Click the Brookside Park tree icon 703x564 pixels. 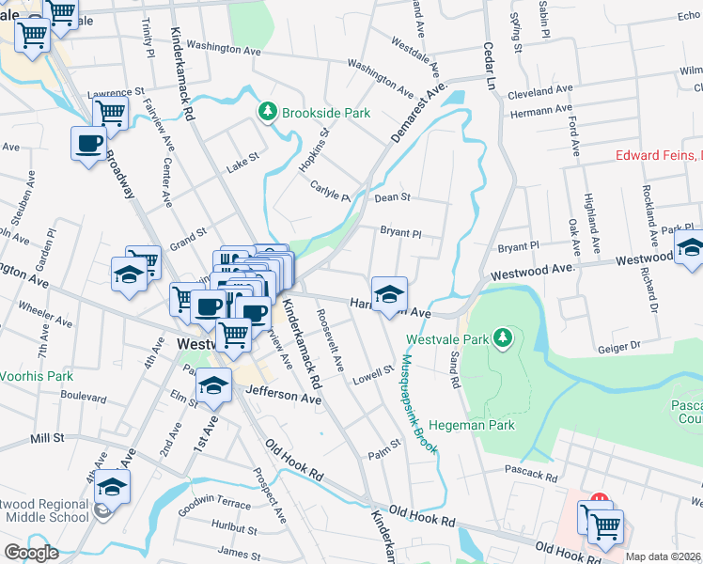pyautogui.click(x=268, y=113)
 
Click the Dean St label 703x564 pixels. pyautogui.click(x=393, y=197)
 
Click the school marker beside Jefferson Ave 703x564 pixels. pyautogui.click(x=214, y=386)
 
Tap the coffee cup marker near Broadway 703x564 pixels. pyautogui.click(x=89, y=145)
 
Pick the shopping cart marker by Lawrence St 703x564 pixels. pyautogui.click(x=111, y=114)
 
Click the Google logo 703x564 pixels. pyautogui.click(x=32, y=553)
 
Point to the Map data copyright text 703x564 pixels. pyautogui.click(x=663, y=556)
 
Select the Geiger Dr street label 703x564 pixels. pyautogui.click(x=617, y=347)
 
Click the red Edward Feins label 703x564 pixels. pyautogui.click(x=658, y=155)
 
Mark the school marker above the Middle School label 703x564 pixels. pyautogui.click(x=112, y=487)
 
